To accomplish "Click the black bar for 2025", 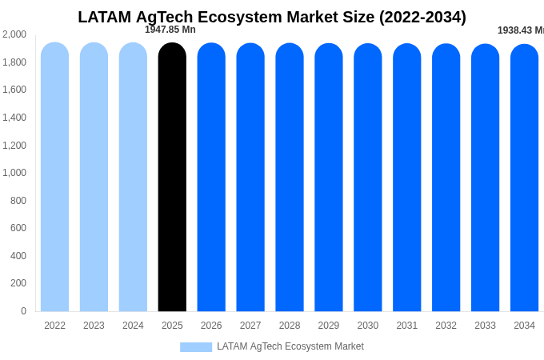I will [172, 177].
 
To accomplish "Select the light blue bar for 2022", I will [54, 177].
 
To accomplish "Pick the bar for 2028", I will [290, 177].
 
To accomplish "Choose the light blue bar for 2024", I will [133, 177].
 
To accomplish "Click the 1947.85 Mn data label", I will [170, 30].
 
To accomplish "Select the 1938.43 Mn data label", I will [520, 30].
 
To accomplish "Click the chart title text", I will [272, 17].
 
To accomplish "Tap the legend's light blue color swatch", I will [196, 347].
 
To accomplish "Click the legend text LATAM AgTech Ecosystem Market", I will [290, 346].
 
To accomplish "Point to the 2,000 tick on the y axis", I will [14, 34].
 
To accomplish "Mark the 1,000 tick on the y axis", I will [14, 173].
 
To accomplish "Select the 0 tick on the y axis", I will [23, 311].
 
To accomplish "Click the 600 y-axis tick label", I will [18, 228].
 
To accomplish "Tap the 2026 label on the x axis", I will [211, 326].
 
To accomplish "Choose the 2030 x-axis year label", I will [368, 326].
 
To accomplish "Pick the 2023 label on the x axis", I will [94, 326].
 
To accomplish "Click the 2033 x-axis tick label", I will [485, 326].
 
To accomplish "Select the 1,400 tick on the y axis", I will [14, 118].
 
